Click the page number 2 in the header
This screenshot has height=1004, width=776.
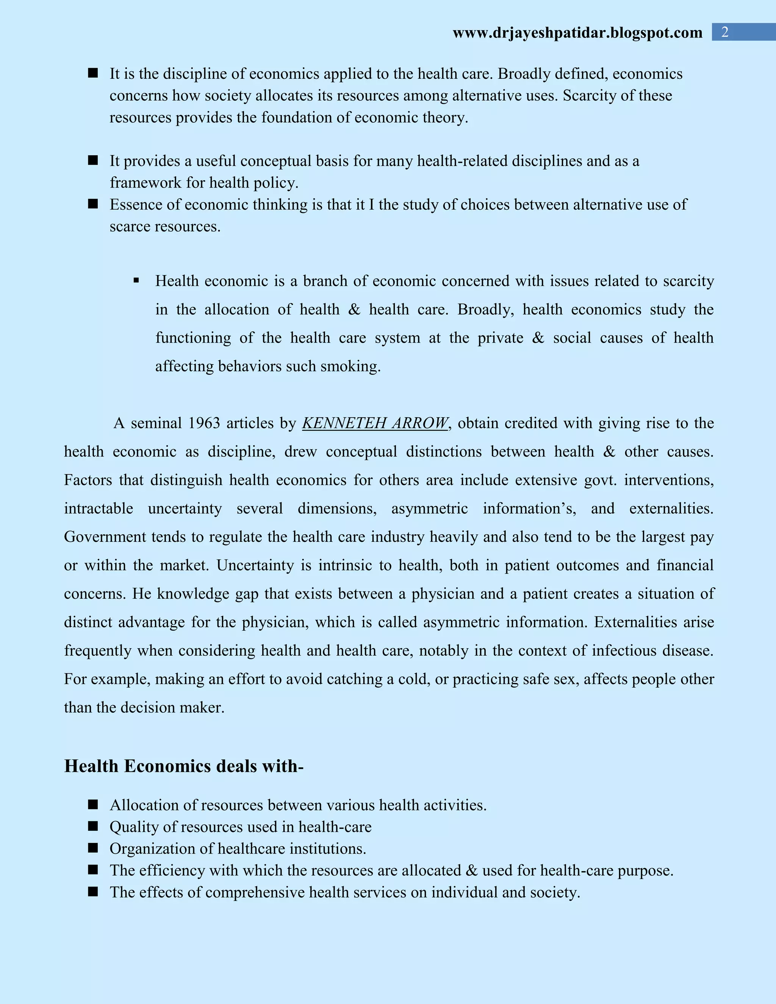(x=724, y=32)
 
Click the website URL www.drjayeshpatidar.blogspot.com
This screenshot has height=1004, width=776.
(x=577, y=33)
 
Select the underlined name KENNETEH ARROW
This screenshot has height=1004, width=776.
(x=375, y=423)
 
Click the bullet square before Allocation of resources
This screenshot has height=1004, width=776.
(x=93, y=804)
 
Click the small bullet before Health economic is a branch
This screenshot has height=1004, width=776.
(x=136, y=280)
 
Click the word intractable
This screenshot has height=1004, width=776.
(x=99, y=508)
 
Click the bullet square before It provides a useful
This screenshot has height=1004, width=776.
(x=93, y=160)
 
